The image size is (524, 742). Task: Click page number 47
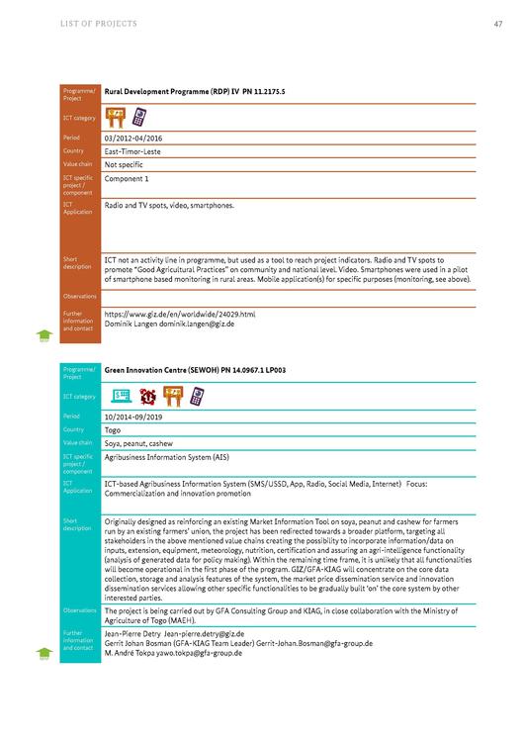[497, 23]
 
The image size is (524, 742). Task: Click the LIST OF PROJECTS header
[99, 23]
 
